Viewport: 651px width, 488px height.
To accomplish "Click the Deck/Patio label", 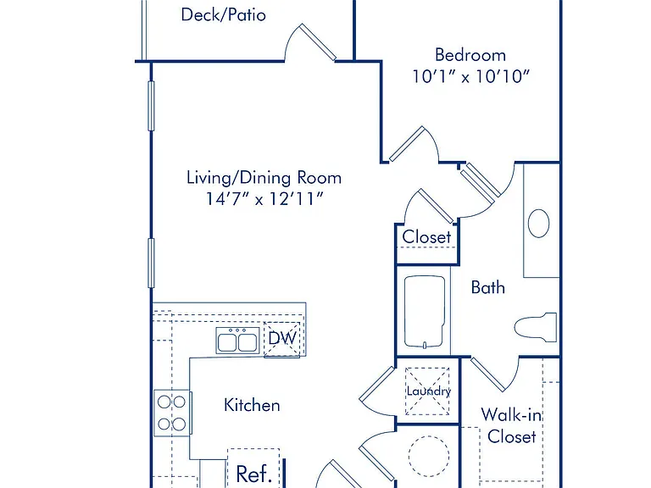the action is point(224,15).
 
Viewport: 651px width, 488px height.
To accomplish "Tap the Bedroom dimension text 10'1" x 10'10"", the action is point(470,76).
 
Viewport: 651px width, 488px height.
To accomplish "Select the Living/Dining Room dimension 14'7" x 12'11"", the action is point(264,199).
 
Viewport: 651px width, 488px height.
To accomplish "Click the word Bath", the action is point(488,287).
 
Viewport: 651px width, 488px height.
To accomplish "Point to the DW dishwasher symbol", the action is point(282,338).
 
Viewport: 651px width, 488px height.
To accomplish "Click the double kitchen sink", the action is point(237,341).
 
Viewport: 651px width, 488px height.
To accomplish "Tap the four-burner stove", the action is point(172,413).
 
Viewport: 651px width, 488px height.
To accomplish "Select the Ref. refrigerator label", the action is point(253,474).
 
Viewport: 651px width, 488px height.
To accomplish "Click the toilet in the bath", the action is point(536,327).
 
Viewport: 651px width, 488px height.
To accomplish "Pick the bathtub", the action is point(425,312).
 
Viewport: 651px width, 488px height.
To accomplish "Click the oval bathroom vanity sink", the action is point(538,224).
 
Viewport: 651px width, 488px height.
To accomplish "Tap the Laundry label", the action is point(428,391).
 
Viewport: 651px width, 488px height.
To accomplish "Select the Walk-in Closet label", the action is point(511,425).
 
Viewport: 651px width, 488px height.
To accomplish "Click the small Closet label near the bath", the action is point(426,237).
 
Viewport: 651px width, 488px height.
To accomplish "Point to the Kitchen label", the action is point(252,405).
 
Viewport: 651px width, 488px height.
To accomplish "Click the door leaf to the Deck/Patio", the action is point(318,42).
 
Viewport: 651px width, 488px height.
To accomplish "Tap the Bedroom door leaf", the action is point(407,143).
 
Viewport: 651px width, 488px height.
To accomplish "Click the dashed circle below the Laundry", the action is point(428,456).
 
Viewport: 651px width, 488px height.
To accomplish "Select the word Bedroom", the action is point(470,55).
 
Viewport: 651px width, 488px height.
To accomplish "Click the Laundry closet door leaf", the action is point(376,384).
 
